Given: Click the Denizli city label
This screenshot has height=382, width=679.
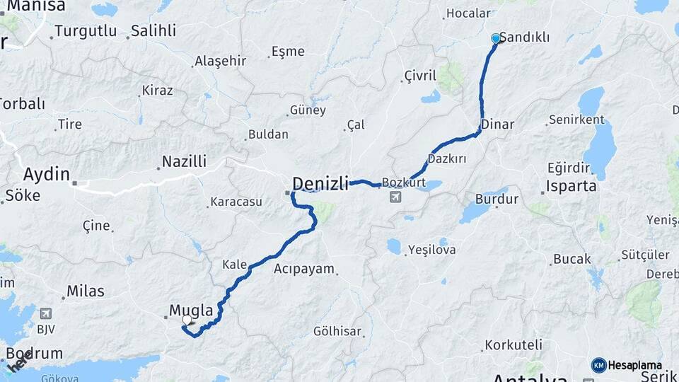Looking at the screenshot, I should point(320,184).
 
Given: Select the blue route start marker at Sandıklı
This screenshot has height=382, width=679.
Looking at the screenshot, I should point(496,38).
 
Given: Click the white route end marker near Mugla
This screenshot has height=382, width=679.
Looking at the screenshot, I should point(187,320).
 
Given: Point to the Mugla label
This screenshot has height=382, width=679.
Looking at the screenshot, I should point(191,309).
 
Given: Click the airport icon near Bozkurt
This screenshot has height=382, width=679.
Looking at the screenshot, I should point(394,197).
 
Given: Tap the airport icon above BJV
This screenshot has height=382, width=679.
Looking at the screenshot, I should point(46,313).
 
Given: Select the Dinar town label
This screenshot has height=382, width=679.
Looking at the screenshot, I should point(497,125).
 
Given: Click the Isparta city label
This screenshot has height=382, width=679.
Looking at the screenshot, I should point(572,187).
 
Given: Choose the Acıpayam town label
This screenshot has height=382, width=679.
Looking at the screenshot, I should point(304,269).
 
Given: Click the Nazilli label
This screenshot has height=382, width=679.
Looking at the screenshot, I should point(184,161).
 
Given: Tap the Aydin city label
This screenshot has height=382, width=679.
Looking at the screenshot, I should point(47,174).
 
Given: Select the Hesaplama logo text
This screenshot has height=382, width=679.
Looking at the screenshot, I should point(635,365).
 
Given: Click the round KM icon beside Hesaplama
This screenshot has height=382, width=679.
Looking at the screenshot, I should point(599,365).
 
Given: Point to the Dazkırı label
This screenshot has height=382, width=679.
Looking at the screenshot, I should point(447,158).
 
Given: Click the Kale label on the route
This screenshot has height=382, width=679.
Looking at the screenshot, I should point(235,265).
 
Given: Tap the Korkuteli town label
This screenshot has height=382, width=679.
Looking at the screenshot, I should point(515,345).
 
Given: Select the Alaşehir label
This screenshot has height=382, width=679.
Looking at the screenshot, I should point(220,61).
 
